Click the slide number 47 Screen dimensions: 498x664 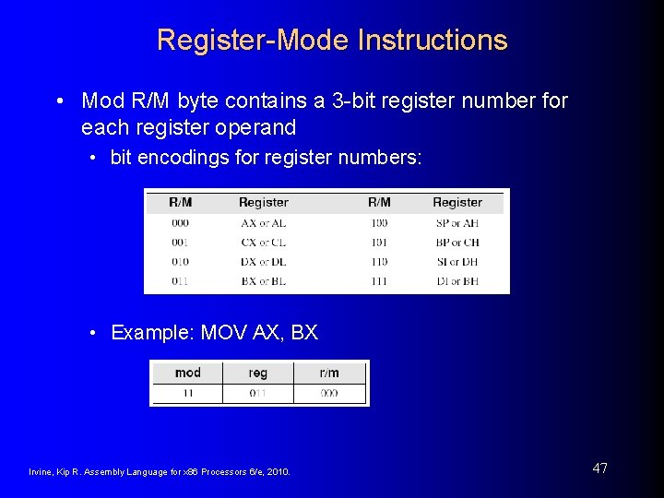(599, 468)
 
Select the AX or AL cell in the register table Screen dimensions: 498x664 (263, 223)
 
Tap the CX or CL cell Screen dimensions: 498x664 (263, 243)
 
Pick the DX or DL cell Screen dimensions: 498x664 (263, 262)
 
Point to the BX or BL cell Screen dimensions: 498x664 (263, 281)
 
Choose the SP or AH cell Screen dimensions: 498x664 (456, 223)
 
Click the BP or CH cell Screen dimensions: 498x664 (456, 243)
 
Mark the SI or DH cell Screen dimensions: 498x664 (456, 262)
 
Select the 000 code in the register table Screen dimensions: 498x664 (180, 223)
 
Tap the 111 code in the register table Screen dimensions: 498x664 (378, 281)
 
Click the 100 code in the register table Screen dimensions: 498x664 (378, 223)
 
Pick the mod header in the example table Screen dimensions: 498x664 (187, 373)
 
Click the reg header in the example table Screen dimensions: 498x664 (258, 373)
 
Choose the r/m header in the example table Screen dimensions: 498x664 (329, 373)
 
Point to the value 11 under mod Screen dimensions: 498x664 (187, 394)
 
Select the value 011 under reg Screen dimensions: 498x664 (258, 394)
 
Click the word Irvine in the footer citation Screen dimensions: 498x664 (42, 472)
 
